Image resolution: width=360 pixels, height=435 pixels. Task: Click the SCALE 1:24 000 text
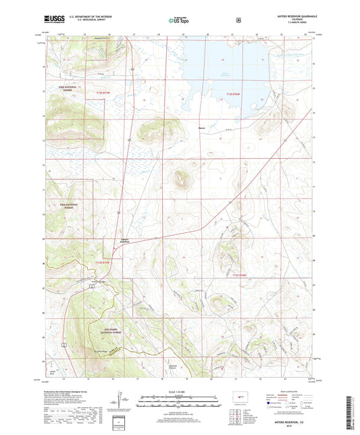click(179, 392)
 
